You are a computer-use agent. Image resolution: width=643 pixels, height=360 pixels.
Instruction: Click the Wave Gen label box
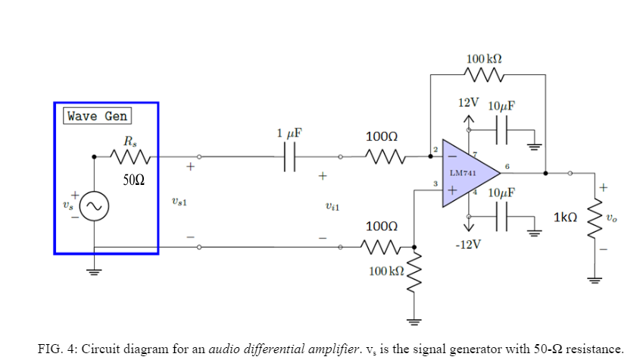[97, 116]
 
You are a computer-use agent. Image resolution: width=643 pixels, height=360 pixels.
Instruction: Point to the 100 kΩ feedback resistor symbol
[485, 75]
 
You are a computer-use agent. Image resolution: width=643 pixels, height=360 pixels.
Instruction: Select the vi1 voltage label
[332, 205]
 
